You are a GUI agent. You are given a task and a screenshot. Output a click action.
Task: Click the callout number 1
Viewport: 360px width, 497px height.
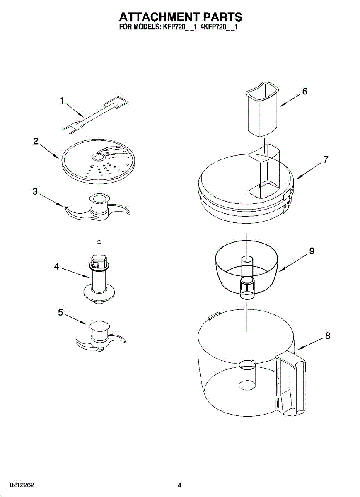click(x=62, y=100)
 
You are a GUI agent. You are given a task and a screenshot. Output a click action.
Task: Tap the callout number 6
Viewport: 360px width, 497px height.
click(x=304, y=92)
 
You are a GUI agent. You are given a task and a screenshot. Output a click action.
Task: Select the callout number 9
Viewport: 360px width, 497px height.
click(x=312, y=251)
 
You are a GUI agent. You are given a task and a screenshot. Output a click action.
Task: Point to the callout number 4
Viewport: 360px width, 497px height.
click(x=57, y=267)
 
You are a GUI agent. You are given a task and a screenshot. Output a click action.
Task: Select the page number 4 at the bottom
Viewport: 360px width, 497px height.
click(x=179, y=485)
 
